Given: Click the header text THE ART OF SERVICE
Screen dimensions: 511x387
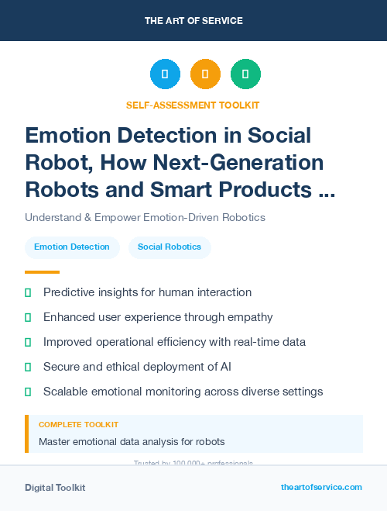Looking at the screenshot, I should point(193,21).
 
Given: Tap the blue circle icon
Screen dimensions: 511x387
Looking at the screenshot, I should point(165,74).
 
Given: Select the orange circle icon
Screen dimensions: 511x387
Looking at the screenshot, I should point(205,74).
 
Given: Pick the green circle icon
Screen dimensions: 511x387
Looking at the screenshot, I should point(245,74).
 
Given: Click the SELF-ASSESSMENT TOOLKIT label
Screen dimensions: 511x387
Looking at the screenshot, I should point(193,105).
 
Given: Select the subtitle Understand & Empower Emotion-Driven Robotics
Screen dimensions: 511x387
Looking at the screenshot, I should point(145,217).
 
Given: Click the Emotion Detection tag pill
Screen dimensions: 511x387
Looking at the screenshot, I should point(72,247).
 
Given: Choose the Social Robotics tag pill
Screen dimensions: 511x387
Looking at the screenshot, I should point(170,247).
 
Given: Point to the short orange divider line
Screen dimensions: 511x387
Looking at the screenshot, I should point(42,272).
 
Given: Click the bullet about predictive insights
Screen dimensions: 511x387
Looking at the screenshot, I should point(147,292).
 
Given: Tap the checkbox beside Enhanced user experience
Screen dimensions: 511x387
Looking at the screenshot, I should point(29,317).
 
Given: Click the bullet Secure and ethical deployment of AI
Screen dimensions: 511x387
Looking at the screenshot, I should point(137,367).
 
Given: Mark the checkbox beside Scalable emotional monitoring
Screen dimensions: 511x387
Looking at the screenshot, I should point(29,392).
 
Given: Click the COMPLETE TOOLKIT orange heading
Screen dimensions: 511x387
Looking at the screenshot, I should point(78,425).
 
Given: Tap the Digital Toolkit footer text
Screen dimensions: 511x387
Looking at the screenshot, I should point(55,487).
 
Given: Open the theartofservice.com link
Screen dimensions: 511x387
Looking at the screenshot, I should point(321,487).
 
